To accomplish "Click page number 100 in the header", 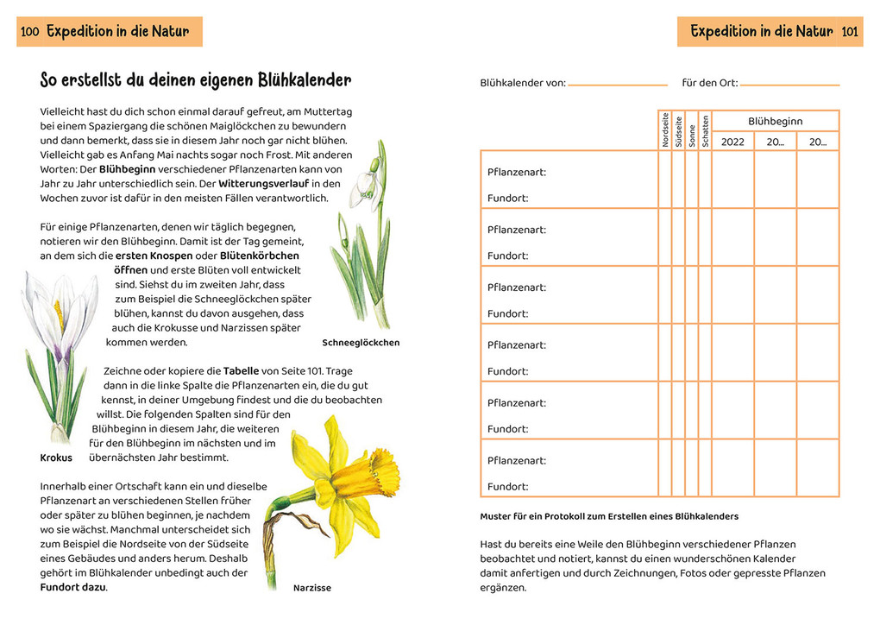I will (30, 32).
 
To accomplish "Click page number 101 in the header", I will (849, 32).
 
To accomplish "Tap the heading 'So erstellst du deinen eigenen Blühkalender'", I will (196, 81).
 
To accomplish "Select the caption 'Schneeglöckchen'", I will (361, 343).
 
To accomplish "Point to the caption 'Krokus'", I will (56, 458).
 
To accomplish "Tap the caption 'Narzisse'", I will (311, 588).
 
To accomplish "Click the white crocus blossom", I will (58, 311).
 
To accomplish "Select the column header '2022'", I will (732, 142).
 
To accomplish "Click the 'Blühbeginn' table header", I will (775, 122).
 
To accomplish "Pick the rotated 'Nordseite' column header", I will (665, 130).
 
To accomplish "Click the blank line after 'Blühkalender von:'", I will (617, 85).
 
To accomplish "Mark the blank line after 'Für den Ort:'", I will (789, 85).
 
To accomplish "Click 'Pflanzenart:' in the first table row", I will (516, 172).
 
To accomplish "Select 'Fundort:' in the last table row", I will (507, 486).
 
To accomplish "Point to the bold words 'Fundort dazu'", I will (73, 587).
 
